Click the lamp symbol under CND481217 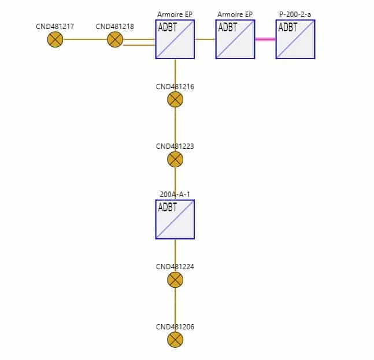pos(55,39)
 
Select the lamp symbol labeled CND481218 pos(115,39)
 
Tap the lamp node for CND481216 pos(175,100)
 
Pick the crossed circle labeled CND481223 pos(175,159)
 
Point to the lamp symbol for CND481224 pos(175,280)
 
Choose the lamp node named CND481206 pos(175,340)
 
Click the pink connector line pos(265,39)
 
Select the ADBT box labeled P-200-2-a pos(295,39)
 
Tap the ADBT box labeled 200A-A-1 pos(175,219)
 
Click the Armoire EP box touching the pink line pos(235,39)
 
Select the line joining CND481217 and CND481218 pos(85,39)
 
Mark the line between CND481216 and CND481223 pos(175,129)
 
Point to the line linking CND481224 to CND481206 pos(175,310)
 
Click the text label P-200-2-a pos(295,14)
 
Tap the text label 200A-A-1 pos(175,194)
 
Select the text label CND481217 pos(55,26)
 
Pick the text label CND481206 pos(175,326)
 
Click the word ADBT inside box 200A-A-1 pos(168,207)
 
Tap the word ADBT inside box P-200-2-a pos(288,27)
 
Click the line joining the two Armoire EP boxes pos(205,39)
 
